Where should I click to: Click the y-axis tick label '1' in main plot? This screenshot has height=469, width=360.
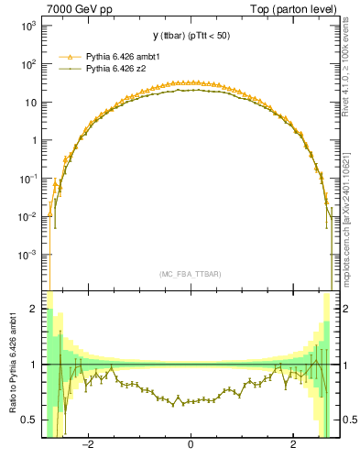[x=34, y=141]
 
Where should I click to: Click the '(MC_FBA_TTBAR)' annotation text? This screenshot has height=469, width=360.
[x=190, y=274]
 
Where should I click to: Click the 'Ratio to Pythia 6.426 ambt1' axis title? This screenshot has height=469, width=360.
[x=12, y=364]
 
